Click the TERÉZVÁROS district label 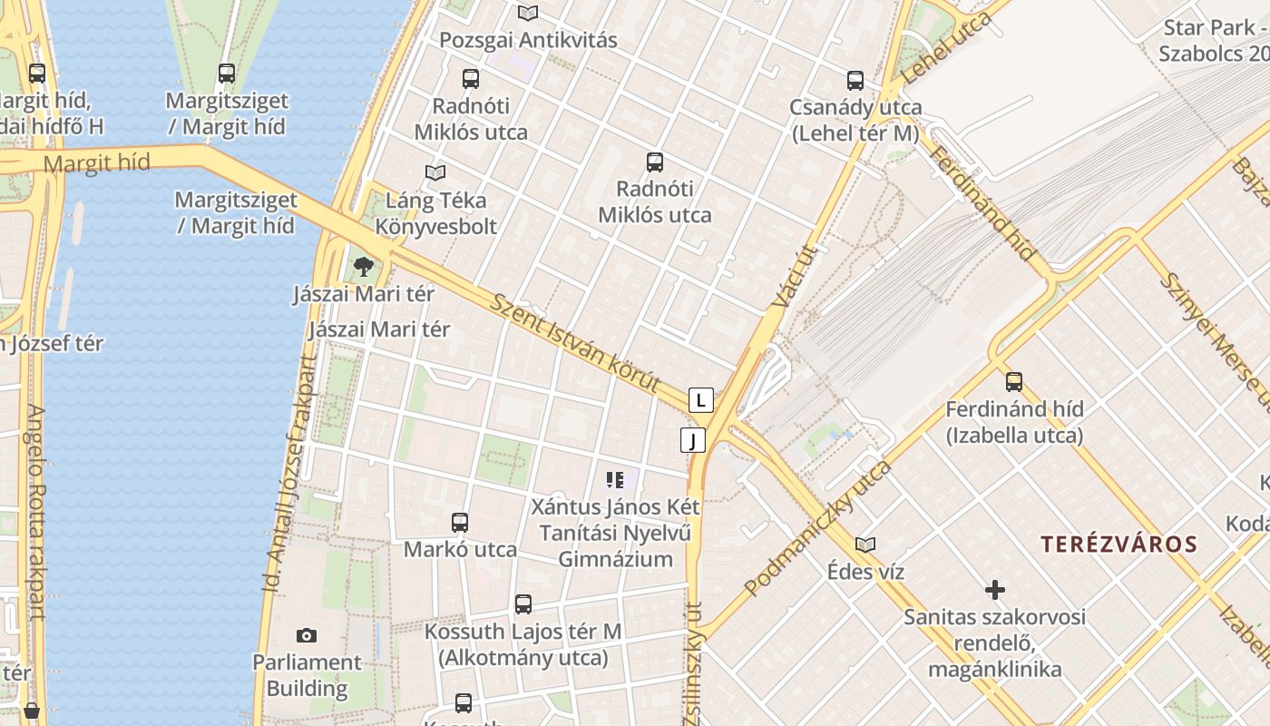[1119, 544]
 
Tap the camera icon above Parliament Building [307, 635]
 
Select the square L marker [700, 399]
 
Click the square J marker [693, 441]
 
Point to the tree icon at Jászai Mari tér [364, 267]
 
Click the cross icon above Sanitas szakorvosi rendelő [995, 590]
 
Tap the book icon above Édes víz [865, 544]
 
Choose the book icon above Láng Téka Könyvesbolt [435, 172]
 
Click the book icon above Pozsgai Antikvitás [528, 13]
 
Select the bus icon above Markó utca [460, 522]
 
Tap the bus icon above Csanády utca [855, 80]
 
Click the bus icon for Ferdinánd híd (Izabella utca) [1014, 381]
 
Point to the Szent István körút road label [574, 343]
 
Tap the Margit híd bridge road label [96, 163]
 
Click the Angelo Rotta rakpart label [34, 512]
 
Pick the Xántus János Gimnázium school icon [615, 479]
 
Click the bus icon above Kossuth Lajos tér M [523, 603]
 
